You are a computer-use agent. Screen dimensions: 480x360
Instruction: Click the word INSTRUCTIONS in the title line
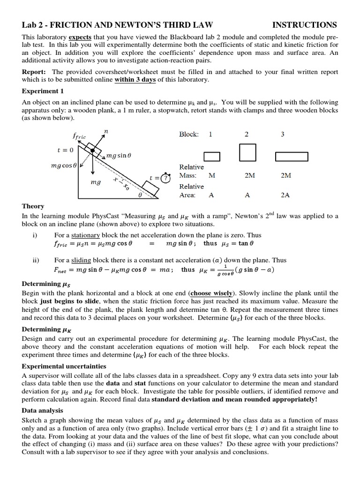[305, 25]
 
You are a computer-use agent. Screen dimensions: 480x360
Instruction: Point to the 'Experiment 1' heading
[43, 91]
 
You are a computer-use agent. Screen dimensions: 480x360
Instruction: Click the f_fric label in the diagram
[79, 136]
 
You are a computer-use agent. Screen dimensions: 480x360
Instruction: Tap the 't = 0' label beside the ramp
[65, 150]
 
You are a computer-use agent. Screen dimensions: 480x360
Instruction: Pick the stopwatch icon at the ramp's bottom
[165, 178]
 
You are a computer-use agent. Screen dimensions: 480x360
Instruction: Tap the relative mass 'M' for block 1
[212, 175]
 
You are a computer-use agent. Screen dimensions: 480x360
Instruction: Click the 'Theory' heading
[33, 206]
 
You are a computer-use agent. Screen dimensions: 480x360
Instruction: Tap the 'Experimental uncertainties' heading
[64, 366]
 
